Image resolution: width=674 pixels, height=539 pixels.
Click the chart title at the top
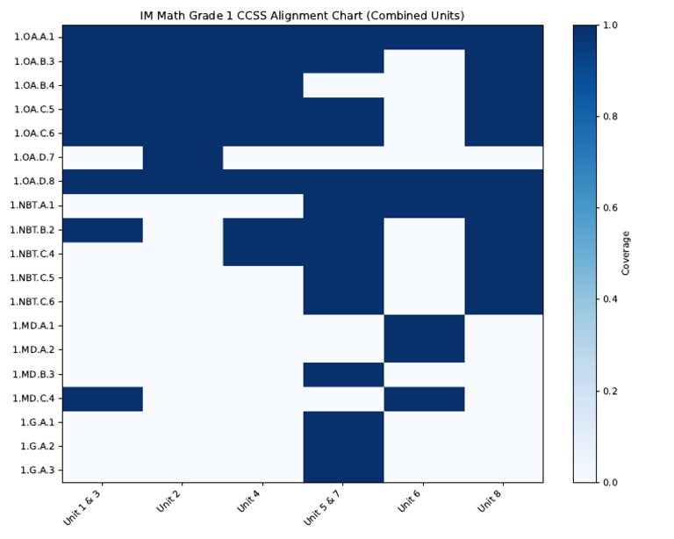303,15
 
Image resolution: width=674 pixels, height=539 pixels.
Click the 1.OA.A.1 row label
34,37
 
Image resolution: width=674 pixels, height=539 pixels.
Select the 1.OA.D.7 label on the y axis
34,157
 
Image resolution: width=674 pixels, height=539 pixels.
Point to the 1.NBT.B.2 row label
33,229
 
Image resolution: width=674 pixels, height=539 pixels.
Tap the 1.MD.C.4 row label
34,398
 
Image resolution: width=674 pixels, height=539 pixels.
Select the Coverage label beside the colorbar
626,254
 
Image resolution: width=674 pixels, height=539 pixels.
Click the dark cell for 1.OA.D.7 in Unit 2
183,157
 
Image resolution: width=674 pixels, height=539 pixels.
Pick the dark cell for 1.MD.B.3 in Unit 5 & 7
343,374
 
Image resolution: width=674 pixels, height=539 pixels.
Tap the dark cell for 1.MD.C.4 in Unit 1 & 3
103,398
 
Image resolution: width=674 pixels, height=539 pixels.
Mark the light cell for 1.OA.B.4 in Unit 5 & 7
343,85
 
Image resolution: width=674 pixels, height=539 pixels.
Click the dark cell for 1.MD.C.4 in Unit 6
424,398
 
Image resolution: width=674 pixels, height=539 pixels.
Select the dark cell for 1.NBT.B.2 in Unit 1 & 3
103,229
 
